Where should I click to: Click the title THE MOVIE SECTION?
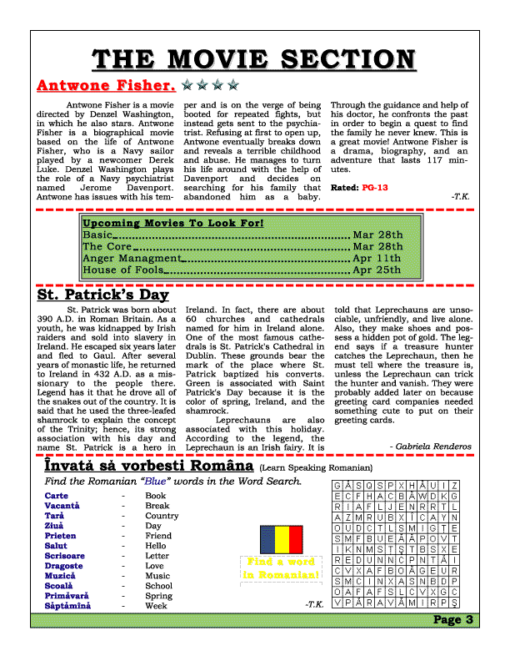click(255, 59)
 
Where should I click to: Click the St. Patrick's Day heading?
click(102, 295)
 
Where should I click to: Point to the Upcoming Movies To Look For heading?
click(173, 224)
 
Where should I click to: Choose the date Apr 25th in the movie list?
click(377, 270)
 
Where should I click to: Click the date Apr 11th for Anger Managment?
click(377, 259)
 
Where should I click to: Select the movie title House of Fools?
click(122, 270)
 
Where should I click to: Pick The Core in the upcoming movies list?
click(107, 247)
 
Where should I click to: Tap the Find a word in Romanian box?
click(280, 568)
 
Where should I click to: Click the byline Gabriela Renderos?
click(430, 447)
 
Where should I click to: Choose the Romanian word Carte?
click(57, 496)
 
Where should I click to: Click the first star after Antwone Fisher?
click(188, 85)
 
